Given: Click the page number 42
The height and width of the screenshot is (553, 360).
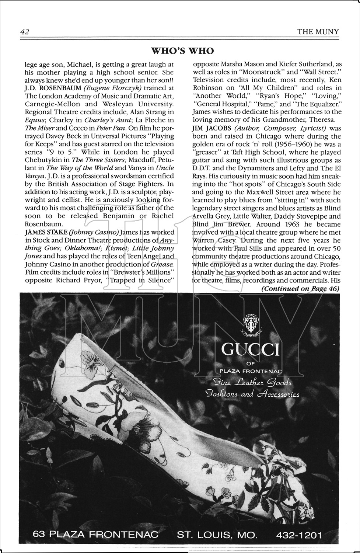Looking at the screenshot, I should click(x=25, y=32).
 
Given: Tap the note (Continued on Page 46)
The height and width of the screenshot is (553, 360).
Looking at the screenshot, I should click(x=300, y=289).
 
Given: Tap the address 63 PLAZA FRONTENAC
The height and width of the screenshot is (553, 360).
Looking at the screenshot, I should click(x=95, y=535).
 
